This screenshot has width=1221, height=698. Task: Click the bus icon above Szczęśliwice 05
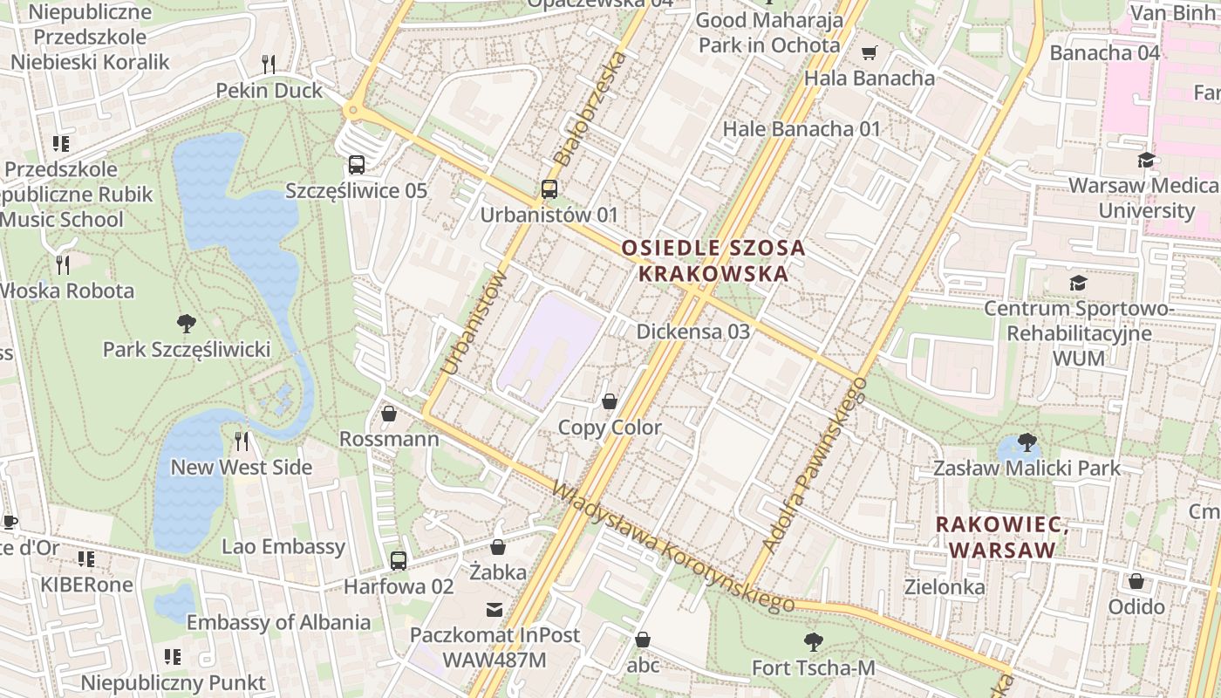(x=356, y=164)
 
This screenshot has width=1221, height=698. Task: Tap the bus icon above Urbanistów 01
(x=549, y=188)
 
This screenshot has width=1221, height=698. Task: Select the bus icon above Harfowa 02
(x=398, y=560)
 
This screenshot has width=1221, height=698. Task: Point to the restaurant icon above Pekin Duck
(x=269, y=64)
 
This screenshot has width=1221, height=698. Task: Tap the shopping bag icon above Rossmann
(x=389, y=413)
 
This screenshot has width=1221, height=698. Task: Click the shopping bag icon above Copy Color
(x=610, y=401)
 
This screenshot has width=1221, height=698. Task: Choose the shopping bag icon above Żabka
(x=497, y=547)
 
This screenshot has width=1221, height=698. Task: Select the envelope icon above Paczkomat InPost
(x=495, y=609)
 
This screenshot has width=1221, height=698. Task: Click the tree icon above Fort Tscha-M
(x=813, y=642)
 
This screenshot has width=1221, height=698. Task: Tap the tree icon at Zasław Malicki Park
(x=1027, y=442)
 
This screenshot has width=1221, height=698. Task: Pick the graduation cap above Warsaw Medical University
(x=1146, y=160)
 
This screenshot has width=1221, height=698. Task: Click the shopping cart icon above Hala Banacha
(x=869, y=53)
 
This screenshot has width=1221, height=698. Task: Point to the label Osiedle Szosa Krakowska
(x=713, y=261)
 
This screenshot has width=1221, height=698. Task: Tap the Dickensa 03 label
(x=692, y=332)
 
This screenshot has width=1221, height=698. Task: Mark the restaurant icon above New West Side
(x=242, y=441)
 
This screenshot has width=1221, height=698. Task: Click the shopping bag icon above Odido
(x=1136, y=580)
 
